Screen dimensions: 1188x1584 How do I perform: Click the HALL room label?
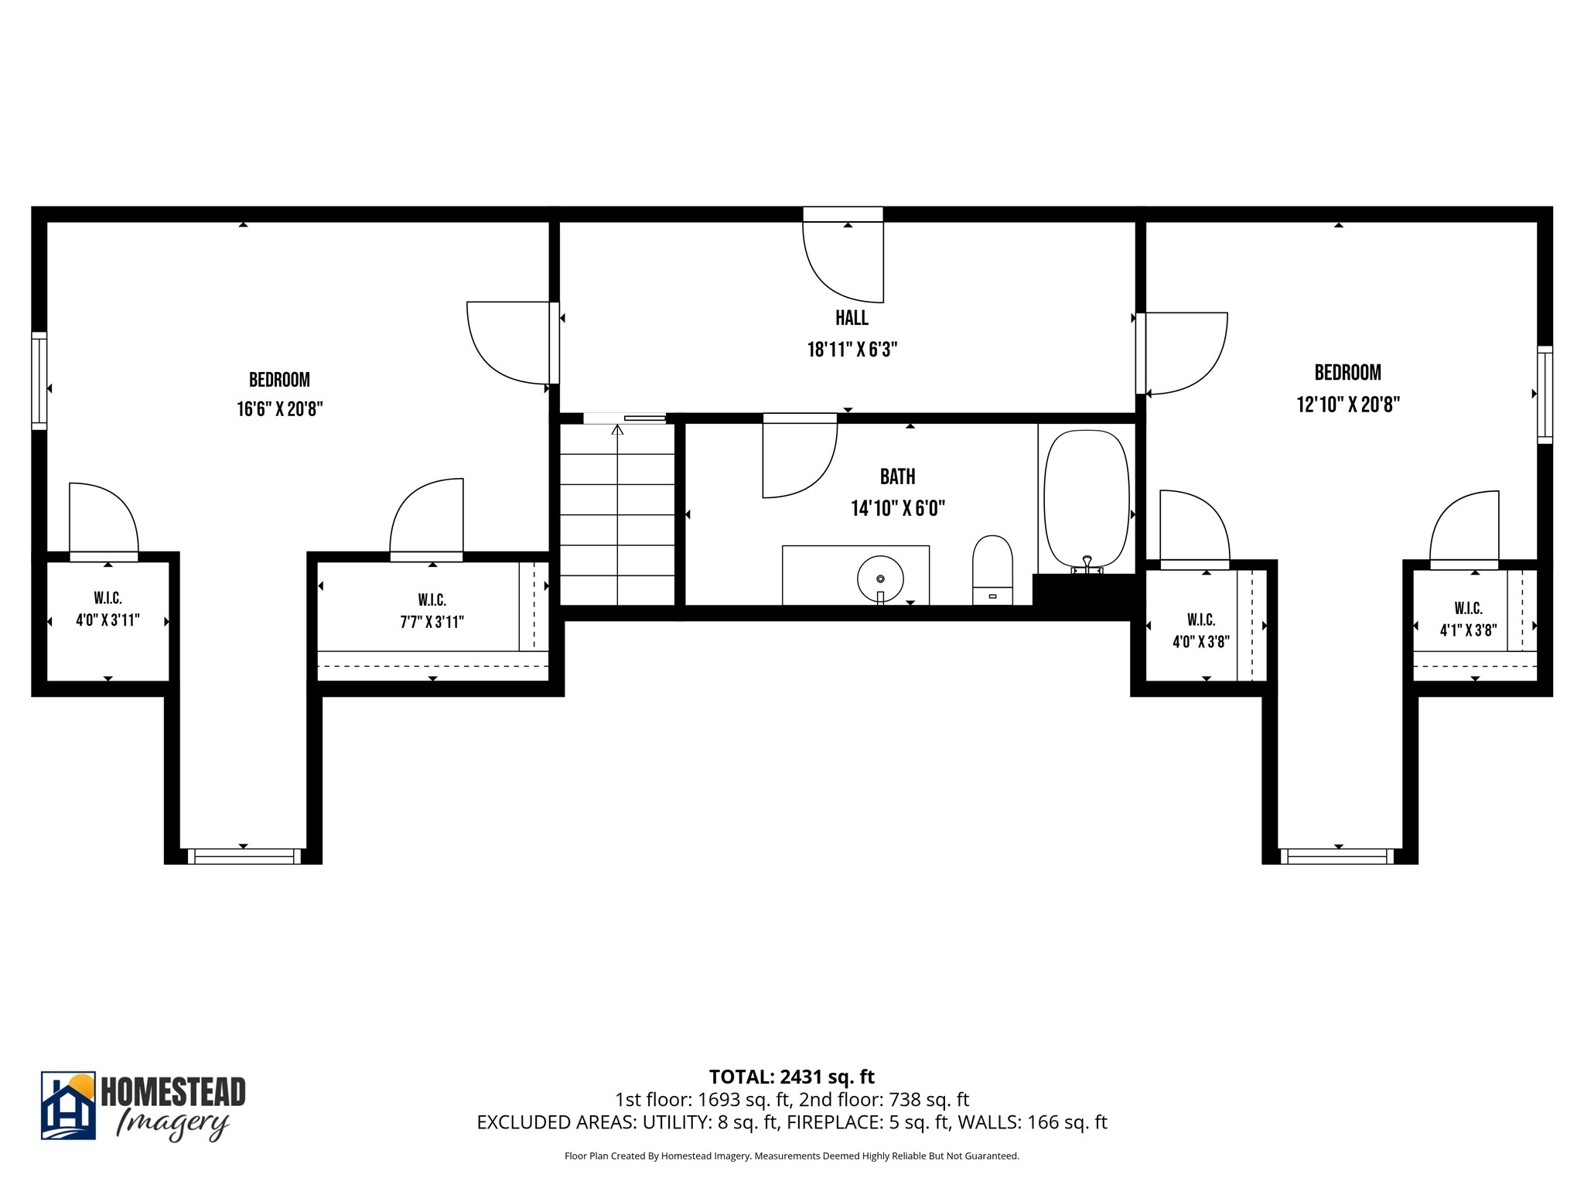(x=852, y=318)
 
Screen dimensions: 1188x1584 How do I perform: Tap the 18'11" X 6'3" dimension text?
(x=852, y=350)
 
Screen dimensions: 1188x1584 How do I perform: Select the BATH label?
(x=897, y=476)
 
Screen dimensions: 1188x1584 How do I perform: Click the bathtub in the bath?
(x=1086, y=499)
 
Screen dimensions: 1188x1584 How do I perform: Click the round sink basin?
(x=880, y=579)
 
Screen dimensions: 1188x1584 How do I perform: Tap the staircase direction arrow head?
(x=617, y=429)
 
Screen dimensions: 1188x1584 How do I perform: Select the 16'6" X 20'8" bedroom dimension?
(x=279, y=409)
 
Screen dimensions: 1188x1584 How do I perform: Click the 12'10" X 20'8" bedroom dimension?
(x=1348, y=405)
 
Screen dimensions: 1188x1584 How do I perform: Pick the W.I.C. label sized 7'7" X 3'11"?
(x=432, y=611)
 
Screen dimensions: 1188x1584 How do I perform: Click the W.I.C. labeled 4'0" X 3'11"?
(x=108, y=609)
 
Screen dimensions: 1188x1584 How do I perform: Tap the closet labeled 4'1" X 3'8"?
(x=1467, y=620)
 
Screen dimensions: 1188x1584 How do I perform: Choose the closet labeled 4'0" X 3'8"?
(x=1200, y=630)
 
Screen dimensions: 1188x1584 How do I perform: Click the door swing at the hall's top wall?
(x=839, y=263)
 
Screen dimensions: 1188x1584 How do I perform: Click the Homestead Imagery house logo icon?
(x=68, y=1105)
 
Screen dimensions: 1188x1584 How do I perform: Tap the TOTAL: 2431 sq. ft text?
(x=791, y=1077)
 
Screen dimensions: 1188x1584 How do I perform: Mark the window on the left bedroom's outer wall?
(x=39, y=381)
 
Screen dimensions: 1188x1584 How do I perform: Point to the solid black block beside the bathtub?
(x=1081, y=596)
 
